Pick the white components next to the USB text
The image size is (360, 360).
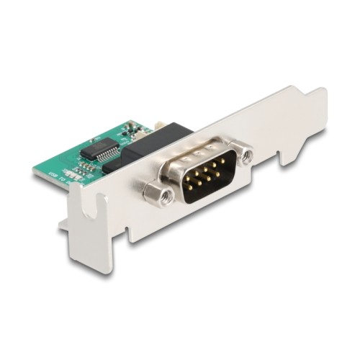73,175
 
